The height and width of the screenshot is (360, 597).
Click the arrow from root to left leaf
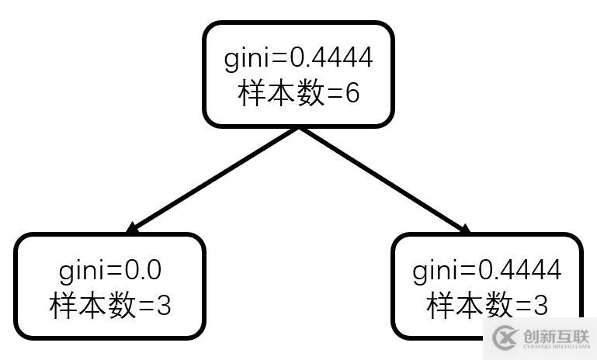213,179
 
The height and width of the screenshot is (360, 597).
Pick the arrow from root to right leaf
384,179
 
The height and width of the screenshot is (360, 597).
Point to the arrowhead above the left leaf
132,228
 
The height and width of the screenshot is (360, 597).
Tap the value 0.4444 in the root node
331,57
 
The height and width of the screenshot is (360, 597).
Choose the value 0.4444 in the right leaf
519,270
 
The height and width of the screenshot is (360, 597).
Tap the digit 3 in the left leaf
163,306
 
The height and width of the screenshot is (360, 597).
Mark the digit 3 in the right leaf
540,306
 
